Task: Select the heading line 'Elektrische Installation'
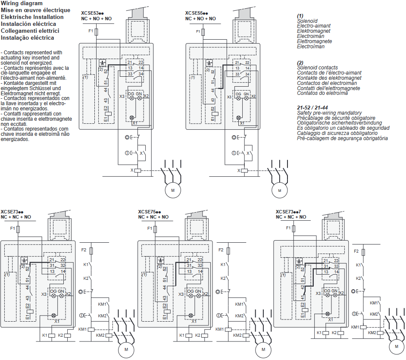(32, 17)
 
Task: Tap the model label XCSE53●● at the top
(93, 13)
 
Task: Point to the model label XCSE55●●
(197, 13)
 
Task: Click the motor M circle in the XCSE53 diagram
(172, 190)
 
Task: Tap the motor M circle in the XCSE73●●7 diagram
(395, 346)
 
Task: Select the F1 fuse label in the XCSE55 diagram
(198, 31)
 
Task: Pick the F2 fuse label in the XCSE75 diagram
(221, 250)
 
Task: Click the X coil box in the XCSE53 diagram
(137, 171)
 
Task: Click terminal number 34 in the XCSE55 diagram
(247, 74)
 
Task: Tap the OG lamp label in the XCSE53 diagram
(131, 94)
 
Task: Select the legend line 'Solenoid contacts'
(317, 68)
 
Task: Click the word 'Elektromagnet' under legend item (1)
(314, 31)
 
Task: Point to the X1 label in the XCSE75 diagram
(194, 321)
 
